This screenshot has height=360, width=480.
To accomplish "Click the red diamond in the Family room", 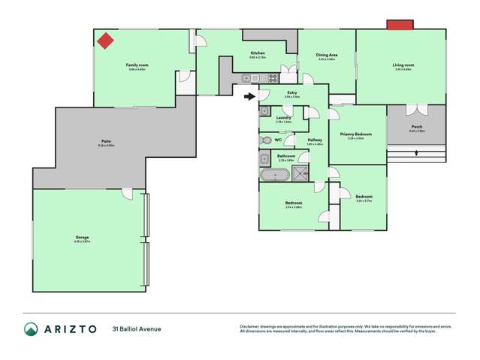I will click(x=106, y=41).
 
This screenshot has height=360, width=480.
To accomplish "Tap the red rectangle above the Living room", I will click(x=400, y=26).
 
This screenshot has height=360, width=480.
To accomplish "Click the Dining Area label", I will click(x=326, y=55).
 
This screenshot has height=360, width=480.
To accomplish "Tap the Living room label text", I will click(x=403, y=65).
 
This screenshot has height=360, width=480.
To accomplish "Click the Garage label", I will click(x=82, y=237).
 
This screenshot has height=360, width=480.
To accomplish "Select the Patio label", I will click(x=106, y=141).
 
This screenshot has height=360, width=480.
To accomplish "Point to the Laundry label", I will click(x=283, y=118).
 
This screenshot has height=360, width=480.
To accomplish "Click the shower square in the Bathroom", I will click(x=300, y=174).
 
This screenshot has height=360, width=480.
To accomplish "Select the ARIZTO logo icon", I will click(x=31, y=329).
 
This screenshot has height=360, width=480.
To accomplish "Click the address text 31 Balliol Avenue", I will click(x=137, y=329).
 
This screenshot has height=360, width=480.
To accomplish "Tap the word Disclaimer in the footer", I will click(x=249, y=326).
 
